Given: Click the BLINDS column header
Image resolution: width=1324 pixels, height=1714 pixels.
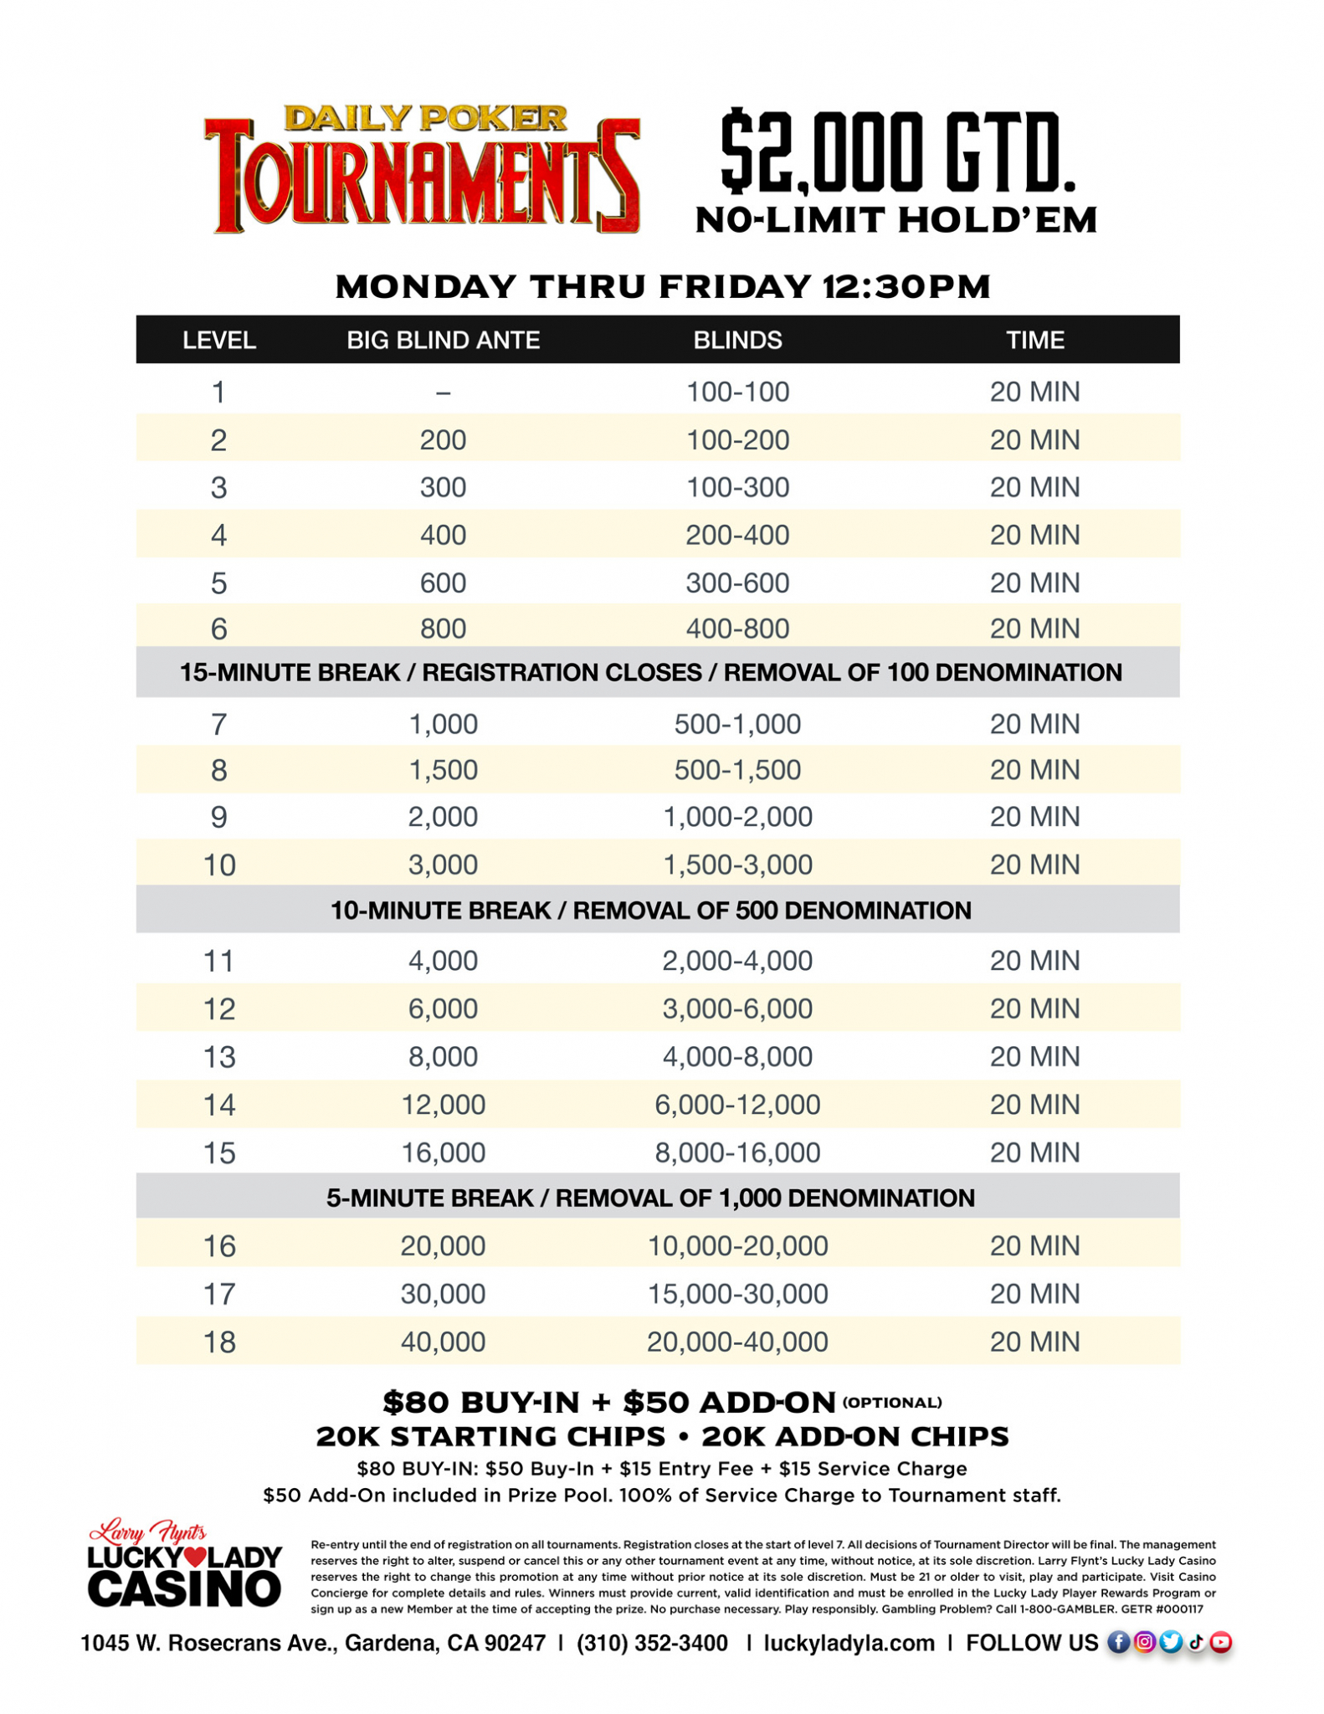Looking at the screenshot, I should (x=736, y=340).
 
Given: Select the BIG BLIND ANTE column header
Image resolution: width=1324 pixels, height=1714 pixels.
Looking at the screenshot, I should (x=443, y=340).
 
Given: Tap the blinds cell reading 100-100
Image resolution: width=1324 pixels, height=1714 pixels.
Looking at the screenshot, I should (x=736, y=392).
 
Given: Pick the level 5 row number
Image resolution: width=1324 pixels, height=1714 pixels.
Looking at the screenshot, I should (x=218, y=582).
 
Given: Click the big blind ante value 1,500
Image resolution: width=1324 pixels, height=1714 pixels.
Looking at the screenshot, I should (x=443, y=770).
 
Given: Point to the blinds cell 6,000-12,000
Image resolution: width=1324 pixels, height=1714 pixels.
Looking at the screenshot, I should (x=736, y=1105).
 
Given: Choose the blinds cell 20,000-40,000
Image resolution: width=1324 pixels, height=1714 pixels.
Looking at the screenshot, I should (x=736, y=1342).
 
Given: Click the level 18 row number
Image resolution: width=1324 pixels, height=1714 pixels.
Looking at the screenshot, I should (x=218, y=1342).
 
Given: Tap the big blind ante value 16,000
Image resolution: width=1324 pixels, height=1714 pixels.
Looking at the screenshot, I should (x=443, y=1152).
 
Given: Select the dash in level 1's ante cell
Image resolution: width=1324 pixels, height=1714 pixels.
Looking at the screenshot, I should (x=443, y=392).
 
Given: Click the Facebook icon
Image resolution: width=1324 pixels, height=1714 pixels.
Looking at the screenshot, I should (x=1118, y=1642).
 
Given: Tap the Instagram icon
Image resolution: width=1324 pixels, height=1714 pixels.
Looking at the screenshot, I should (x=1144, y=1642).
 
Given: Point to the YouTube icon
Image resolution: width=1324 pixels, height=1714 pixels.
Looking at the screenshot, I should (x=1221, y=1642).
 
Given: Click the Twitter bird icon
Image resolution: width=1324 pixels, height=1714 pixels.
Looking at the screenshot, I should (x=1170, y=1642).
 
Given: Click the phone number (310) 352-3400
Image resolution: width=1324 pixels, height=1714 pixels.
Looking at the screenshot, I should (x=652, y=1643).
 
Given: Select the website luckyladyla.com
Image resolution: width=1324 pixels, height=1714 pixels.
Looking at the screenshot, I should (x=849, y=1643).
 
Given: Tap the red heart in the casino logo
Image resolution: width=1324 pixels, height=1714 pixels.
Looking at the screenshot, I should (x=194, y=1557).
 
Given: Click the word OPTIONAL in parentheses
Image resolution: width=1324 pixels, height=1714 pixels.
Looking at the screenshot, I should (x=892, y=1403).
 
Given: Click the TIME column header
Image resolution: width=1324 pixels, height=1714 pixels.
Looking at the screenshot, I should (x=1034, y=340).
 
